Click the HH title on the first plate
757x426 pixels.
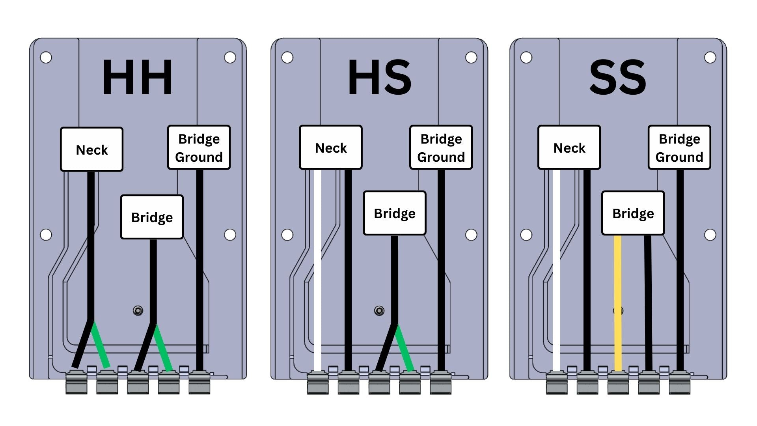pyautogui.click(x=137, y=78)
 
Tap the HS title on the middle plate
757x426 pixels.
pyautogui.click(x=379, y=78)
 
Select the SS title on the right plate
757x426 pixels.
pyautogui.click(x=617, y=78)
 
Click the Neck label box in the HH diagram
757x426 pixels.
pyautogui.click(x=91, y=149)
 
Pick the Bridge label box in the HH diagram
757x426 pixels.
pyautogui.click(x=152, y=217)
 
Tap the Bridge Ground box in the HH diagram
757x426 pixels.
pyautogui.click(x=199, y=148)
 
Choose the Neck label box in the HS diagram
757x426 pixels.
pyautogui.click(x=330, y=148)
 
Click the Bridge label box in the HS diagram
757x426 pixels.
pyautogui.click(x=394, y=213)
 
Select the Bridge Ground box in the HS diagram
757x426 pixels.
pyautogui.click(x=441, y=148)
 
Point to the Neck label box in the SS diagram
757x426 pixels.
pyautogui.click(x=569, y=148)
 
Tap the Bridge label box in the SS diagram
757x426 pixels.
pyautogui.click(x=633, y=213)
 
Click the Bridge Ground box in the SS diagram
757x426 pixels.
pyautogui.click(x=679, y=148)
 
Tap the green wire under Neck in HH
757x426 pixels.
pyautogui.click(x=101, y=345)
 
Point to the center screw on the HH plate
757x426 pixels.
pyautogui.click(x=138, y=311)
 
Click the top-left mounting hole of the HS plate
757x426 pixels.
pyautogui.click(x=287, y=58)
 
